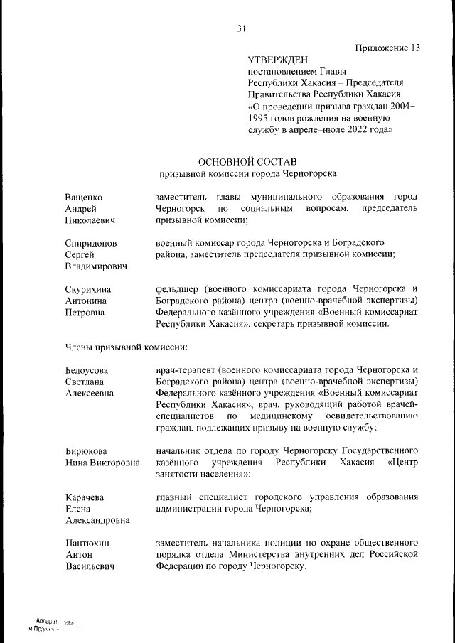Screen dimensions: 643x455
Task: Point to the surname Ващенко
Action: [x=84, y=196]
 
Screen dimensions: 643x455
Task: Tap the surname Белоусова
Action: [x=87, y=370]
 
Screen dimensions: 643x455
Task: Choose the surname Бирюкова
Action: [x=86, y=451]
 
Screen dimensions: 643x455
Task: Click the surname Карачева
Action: [x=85, y=497]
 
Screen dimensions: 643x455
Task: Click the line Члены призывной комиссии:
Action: [x=125, y=347]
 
